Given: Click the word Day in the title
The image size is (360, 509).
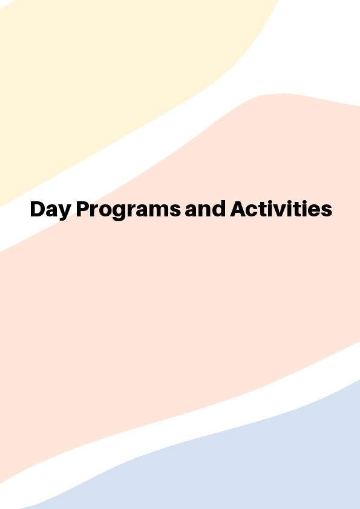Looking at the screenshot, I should (x=51, y=210).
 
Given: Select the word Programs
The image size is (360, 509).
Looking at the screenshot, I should (x=128, y=210).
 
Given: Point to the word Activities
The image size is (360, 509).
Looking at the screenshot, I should (x=281, y=209).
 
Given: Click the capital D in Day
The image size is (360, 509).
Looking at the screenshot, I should (x=38, y=209).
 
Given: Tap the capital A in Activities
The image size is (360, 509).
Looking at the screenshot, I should (x=238, y=209).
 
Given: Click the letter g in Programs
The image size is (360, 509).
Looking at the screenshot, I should (x=122, y=212).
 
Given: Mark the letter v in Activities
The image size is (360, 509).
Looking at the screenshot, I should (x=282, y=211).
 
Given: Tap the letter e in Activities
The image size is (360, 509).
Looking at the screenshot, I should (x=316, y=211).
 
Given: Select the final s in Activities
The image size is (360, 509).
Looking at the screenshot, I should (x=327, y=211).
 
